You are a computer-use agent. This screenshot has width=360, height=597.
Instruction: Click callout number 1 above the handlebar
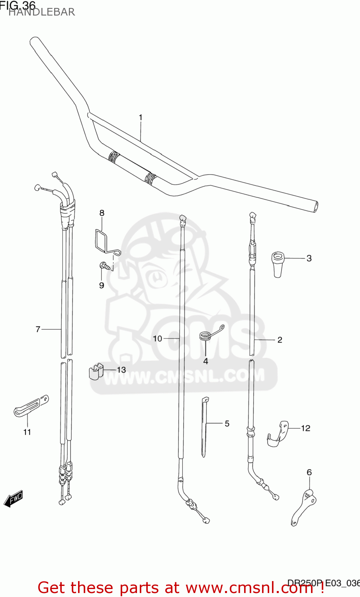click(141, 117)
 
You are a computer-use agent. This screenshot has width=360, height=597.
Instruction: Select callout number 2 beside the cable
click(280, 339)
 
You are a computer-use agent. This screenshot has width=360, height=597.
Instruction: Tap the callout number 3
click(309, 258)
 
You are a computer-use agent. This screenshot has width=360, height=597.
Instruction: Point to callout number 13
click(121, 370)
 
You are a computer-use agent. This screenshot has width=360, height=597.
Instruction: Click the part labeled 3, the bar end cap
click(278, 262)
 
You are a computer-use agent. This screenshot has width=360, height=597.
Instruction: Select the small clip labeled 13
click(95, 371)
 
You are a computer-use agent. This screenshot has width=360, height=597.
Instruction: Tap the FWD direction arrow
click(13, 499)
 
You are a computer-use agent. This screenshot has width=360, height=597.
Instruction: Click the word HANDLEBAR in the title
click(41, 12)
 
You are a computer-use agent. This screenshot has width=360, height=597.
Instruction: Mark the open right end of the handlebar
click(316, 207)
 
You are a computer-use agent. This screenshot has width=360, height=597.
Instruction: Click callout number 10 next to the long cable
click(157, 338)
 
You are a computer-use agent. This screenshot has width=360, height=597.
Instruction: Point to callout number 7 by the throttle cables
click(38, 329)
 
